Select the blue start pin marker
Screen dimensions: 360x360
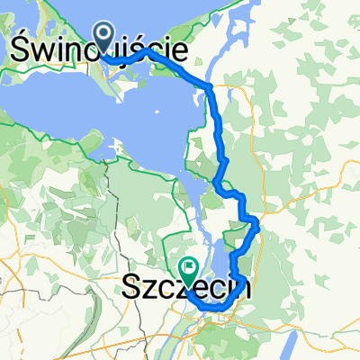click(x=103, y=39)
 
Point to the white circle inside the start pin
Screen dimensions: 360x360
click(x=103, y=35)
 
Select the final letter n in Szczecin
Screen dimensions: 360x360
click(x=240, y=289)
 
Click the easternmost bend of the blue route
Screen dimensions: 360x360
click(x=259, y=225)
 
